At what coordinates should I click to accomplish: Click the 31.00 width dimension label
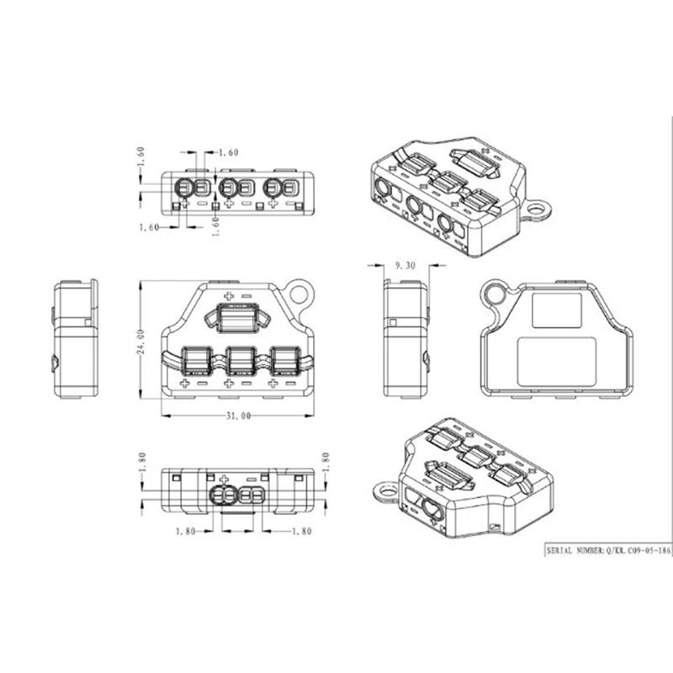tap(238, 416)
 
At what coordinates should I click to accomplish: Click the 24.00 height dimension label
tap(140, 342)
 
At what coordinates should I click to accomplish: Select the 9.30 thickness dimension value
tap(405, 266)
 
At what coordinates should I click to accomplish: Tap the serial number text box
tap(608, 550)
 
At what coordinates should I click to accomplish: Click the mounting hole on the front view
tap(299, 294)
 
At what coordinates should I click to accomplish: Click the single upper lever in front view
tap(237, 318)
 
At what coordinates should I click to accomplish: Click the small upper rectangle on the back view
tap(557, 310)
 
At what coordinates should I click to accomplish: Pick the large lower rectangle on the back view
tap(557, 362)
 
